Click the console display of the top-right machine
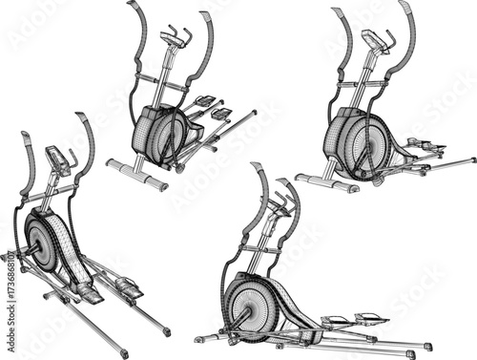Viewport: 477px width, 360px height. [375, 40]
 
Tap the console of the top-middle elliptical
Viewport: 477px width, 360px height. [173, 39]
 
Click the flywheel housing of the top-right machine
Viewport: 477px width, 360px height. [355, 143]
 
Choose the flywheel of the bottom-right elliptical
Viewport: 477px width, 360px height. [254, 305]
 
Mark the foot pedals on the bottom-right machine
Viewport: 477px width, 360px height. [353, 321]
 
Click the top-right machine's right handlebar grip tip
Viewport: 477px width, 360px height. [405, 8]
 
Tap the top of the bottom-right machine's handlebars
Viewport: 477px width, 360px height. [256, 168]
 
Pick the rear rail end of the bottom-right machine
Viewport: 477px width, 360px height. [425, 345]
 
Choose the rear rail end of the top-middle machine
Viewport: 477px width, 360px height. [253, 114]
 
